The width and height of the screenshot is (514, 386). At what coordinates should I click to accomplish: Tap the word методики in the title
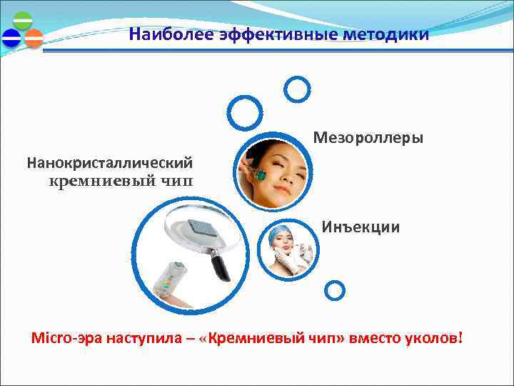point(392,34)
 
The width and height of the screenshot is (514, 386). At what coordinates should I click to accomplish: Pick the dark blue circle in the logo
point(11,38)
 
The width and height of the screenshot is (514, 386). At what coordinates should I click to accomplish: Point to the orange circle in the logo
point(34,38)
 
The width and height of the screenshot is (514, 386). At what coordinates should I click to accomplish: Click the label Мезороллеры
point(368,137)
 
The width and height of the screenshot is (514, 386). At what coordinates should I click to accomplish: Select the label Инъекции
point(361,227)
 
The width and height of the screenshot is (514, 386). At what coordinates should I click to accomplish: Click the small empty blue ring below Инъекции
point(334,289)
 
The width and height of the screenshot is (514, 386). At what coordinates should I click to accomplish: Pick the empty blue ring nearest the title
point(297,89)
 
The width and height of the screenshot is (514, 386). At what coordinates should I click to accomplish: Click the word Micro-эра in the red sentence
point(68,337)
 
